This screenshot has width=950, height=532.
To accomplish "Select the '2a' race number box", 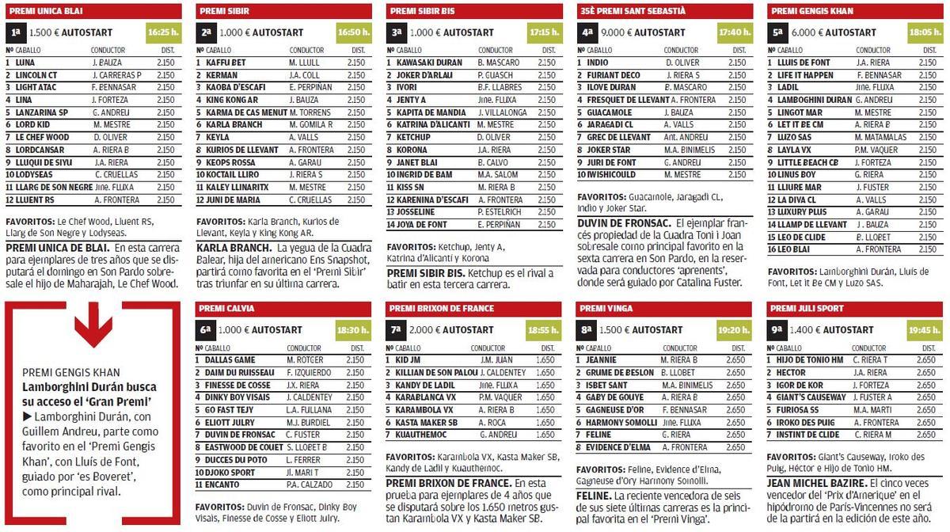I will coord(206,33).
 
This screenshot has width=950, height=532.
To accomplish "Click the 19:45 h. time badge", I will coord(925,329).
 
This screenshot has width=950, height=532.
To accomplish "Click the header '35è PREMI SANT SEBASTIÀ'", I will coord(633,12).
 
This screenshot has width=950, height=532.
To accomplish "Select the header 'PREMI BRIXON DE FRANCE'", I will coord(441,308).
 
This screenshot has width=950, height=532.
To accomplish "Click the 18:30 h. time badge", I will coord(353,329).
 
